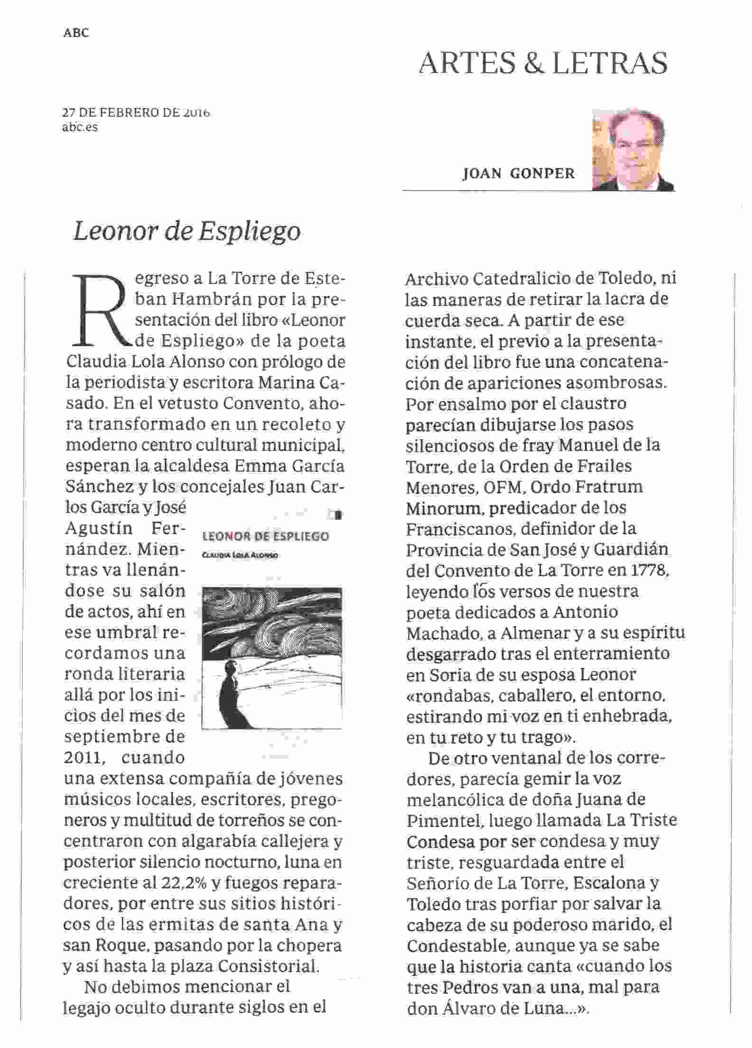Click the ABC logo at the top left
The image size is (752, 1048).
click(76, 33)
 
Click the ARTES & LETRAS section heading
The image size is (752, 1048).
click(543, 64)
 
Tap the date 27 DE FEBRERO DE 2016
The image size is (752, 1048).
click(136, 113)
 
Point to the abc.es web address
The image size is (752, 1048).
click(80, 127)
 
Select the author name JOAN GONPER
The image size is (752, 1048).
click(519, 174)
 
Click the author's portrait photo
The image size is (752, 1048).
click(632, 150)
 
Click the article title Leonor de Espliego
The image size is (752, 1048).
click(187, 231)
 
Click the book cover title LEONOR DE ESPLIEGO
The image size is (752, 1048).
click(265, 536)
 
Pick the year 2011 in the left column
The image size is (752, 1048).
click(84, 758)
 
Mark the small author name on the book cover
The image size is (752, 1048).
click(240, 555)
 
